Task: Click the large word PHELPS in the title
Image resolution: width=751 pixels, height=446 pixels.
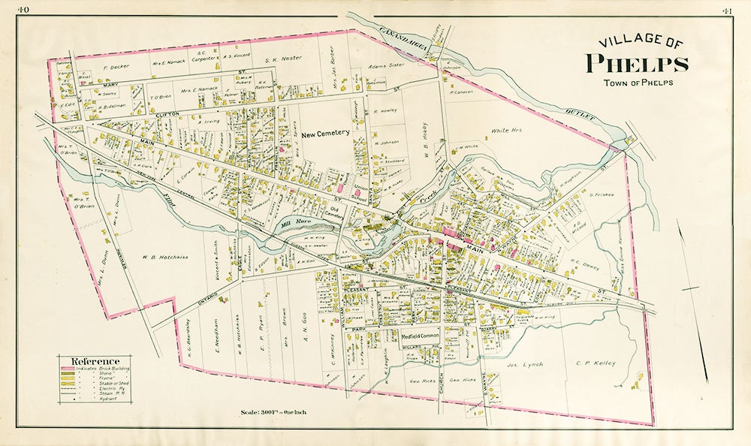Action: [x=636, y=63]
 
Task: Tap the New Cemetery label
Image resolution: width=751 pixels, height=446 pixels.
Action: [x=327, y=133]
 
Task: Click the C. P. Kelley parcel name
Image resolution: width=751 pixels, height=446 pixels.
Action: [x=595, y=363]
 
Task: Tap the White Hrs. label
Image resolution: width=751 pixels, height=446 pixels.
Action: [x=506, y=131]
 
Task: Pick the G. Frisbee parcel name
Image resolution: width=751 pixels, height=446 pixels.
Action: [x=602, y=194]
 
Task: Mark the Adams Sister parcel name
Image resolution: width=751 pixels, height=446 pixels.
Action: [x=385, y=65]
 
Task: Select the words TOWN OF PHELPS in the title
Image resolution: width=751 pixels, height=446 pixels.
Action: [x=636, y=81]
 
